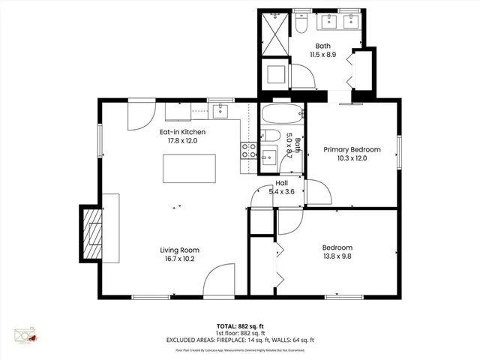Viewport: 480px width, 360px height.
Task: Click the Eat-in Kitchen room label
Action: point(182,132)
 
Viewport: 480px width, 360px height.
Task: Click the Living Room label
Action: point(178,250)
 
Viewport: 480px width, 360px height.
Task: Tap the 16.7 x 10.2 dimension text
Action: point(178,259)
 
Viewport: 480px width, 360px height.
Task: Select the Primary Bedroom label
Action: point(352,149)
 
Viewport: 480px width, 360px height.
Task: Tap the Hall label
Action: point(282,183)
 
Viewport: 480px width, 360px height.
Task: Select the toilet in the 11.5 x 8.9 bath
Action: point(300,25)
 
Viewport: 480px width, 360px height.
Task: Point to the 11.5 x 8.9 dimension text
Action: point(322,54)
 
